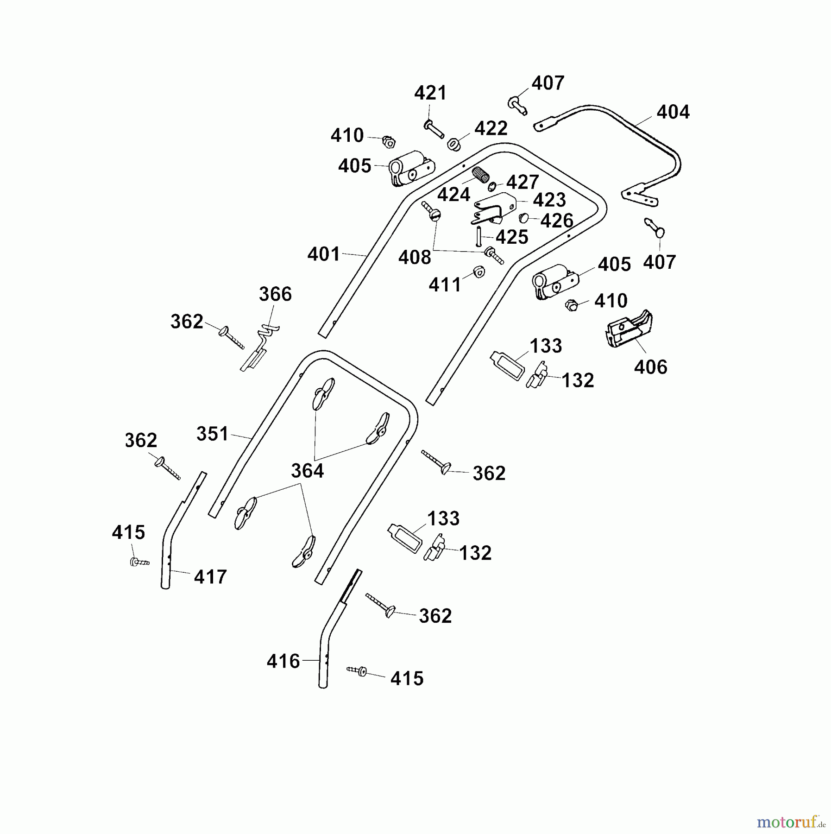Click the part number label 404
673,112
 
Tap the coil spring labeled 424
481,175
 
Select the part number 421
430,93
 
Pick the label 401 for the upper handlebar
324,254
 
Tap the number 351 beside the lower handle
213,434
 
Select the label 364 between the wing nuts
307,471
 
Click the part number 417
210,577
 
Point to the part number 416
283,661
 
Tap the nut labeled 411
478,272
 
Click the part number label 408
415,258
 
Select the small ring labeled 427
492,186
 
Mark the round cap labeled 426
524,218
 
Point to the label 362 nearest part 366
187,322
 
